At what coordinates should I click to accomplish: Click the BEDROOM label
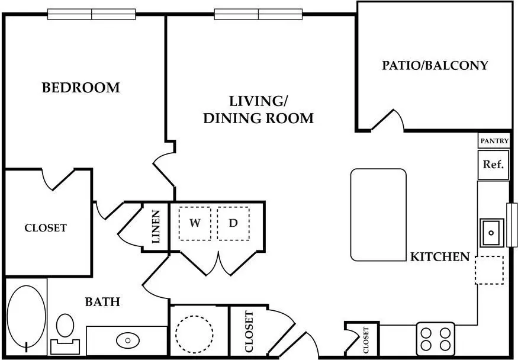click(81, 88)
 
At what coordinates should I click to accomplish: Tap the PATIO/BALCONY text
click(435, 65)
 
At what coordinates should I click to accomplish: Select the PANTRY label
click(494, 141)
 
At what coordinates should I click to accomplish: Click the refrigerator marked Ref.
click(493, 165)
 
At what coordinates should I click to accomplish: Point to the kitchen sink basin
click(492, 233)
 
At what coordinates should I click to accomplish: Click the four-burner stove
click(436, 339)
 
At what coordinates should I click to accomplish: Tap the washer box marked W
click(195, 224)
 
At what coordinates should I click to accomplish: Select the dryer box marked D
click(233, 224)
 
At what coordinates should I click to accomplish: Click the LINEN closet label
click(156, 227)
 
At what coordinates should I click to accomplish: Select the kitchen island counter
click(379, 215)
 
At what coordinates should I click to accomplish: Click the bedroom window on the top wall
click(92, 14)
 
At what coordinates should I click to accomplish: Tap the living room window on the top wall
click(258, 14)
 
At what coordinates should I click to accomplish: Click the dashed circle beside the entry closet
click(194, 334)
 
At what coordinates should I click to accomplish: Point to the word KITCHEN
click(440, 256)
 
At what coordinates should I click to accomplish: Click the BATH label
click(102, 301)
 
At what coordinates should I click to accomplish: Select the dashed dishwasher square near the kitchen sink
click(489, 270)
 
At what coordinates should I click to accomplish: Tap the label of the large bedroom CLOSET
click(46, 227)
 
